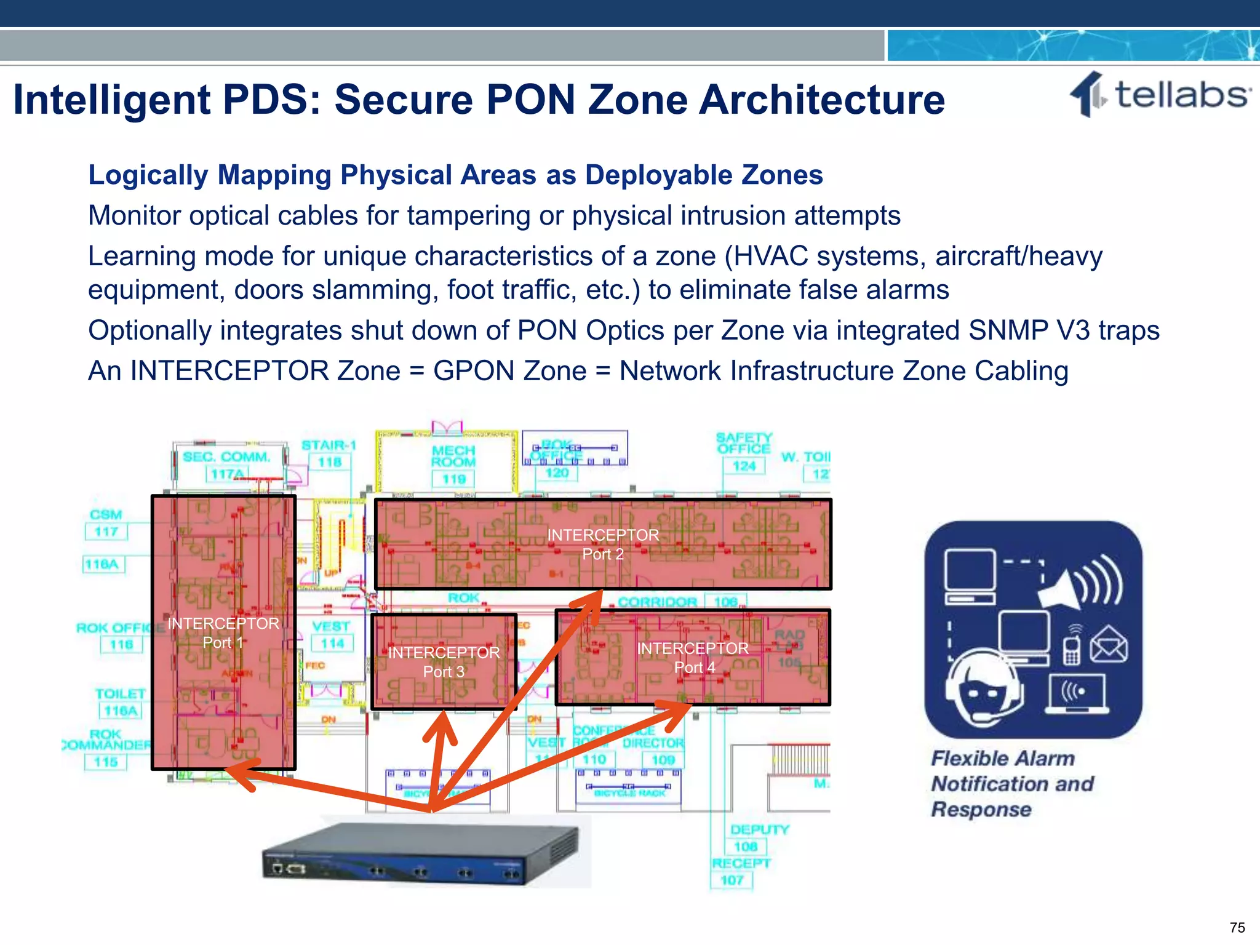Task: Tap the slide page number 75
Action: [x=1237, y=927]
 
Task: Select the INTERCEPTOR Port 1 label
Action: [x=223, y=633]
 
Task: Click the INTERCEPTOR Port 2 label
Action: [x=603, y=544]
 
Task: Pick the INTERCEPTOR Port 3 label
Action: [x=444, y=662]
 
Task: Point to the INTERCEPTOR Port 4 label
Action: [x=693, y=658]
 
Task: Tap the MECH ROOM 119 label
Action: [x=453, y=465]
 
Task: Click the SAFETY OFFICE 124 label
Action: [x=743, y=452]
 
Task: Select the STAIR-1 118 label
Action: [x=329, y=453]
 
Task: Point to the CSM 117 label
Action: [x=106, y=523]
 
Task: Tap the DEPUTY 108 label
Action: [x=759, y=838]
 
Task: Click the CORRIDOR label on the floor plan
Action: [x=657, y=602]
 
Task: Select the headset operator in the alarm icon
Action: [x=983, y=688]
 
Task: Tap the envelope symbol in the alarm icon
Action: [x=1109, y=644]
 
